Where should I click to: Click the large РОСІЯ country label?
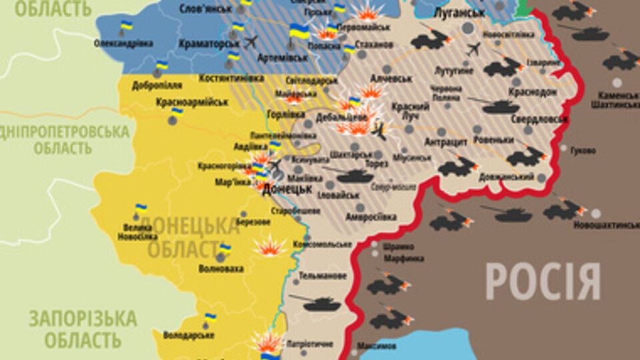pyautogui.click(x=543, y=281)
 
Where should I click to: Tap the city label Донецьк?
pyautogui.click(x=287, y=189)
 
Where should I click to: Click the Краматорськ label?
pyautogui.click(x=209, y=43)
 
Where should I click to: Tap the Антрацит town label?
pyautogui.click(x=446, y=141)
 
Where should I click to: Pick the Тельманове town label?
pyautogui.click(x=323, y=275)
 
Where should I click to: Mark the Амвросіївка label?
pyautogui.click(x=371, y=217)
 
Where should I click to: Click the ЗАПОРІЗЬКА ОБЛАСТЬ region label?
pyautogui.click(x=83, y=329)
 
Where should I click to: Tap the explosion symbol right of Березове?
pyautogui.click(x=271, y=247)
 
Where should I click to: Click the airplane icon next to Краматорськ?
pyautogui.click(x=251, y=43)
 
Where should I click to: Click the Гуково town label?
pyautogui.click(x=583, y=150)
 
